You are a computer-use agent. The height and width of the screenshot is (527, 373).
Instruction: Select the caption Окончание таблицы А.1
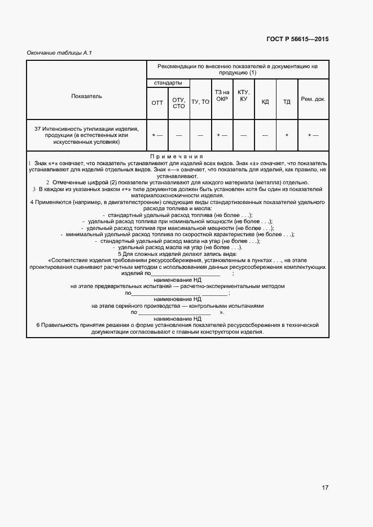pos(59,53)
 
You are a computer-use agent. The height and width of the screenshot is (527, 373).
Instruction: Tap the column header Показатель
pos(86,96)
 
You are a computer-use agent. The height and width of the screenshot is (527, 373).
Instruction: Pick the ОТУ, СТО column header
pos(179,103)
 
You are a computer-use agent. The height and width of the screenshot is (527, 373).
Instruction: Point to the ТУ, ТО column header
pos(200,102)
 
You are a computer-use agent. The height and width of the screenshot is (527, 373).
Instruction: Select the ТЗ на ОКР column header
pos(222,95)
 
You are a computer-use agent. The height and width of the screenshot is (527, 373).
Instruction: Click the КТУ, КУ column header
pos(243,95)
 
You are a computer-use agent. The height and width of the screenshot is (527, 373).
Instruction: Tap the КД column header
pos(265,102)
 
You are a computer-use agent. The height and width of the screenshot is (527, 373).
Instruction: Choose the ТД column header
pos(287,102)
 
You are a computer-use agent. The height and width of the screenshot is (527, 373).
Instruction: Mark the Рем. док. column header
pos(313,99)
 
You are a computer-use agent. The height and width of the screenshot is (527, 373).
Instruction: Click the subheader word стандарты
pos(168,83)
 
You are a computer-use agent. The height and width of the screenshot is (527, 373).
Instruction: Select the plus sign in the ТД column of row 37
pos(287,135)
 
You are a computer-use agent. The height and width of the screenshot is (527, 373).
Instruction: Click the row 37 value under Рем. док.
pos(313,135)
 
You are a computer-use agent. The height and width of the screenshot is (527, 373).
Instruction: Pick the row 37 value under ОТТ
pos(157,135)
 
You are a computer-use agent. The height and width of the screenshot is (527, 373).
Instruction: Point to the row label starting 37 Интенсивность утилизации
pos(86,135)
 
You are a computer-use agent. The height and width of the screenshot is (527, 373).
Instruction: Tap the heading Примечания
pos(177,156)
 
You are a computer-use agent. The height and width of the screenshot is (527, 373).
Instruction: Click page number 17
pos(326,488)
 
